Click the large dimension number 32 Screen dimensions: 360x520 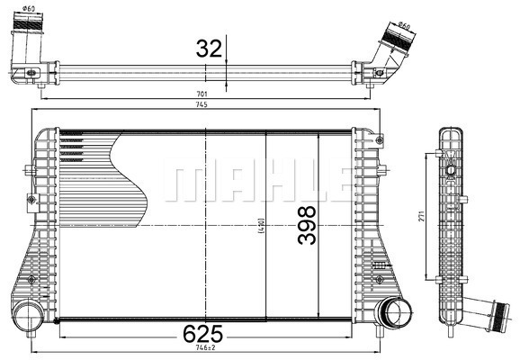[209, 48]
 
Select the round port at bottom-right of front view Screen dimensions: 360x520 [392, 313]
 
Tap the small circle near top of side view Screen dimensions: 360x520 [450, 167]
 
